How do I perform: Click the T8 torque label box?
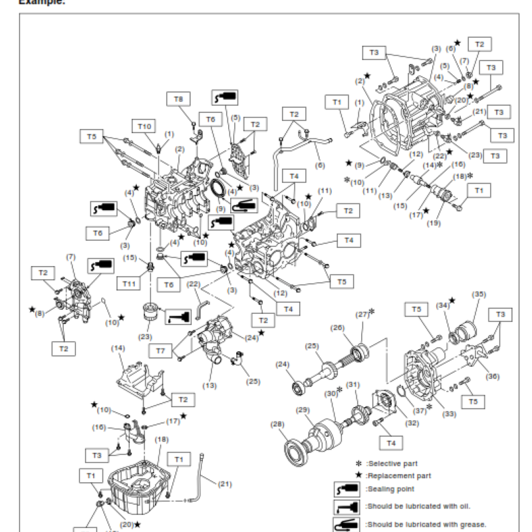pyautogui.click(x=178, y=99)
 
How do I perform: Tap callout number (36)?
pyautogui.click(x=492, y=376)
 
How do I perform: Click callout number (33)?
pyautogui.click(x=450, y=414)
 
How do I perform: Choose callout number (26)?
pyautogui.click(x=338, y=327)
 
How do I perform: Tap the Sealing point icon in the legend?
pyautogui.click(x=348, y=489)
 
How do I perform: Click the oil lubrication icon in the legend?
pyautogui.click(x=348, y=507)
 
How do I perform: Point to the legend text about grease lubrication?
pyautogui.click(x=426, y=523)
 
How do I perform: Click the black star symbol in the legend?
pyautogui.click(x=358, y=475)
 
